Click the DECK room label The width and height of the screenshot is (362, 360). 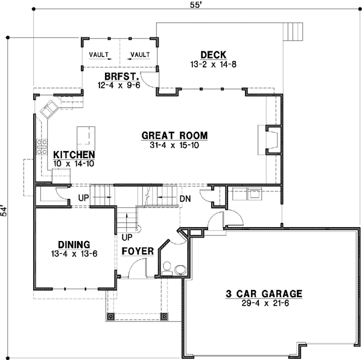pos(215,55)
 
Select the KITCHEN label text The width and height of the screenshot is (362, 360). pos(74,155)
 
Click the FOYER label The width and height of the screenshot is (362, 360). pos(136,250)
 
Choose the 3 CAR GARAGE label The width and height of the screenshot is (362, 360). pos(264,294)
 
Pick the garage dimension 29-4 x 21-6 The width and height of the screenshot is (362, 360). pos(264,303)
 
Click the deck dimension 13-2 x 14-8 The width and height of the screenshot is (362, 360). pos(215,63)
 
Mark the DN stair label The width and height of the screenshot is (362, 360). pos(185,198)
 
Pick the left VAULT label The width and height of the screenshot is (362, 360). pos(100,54)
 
